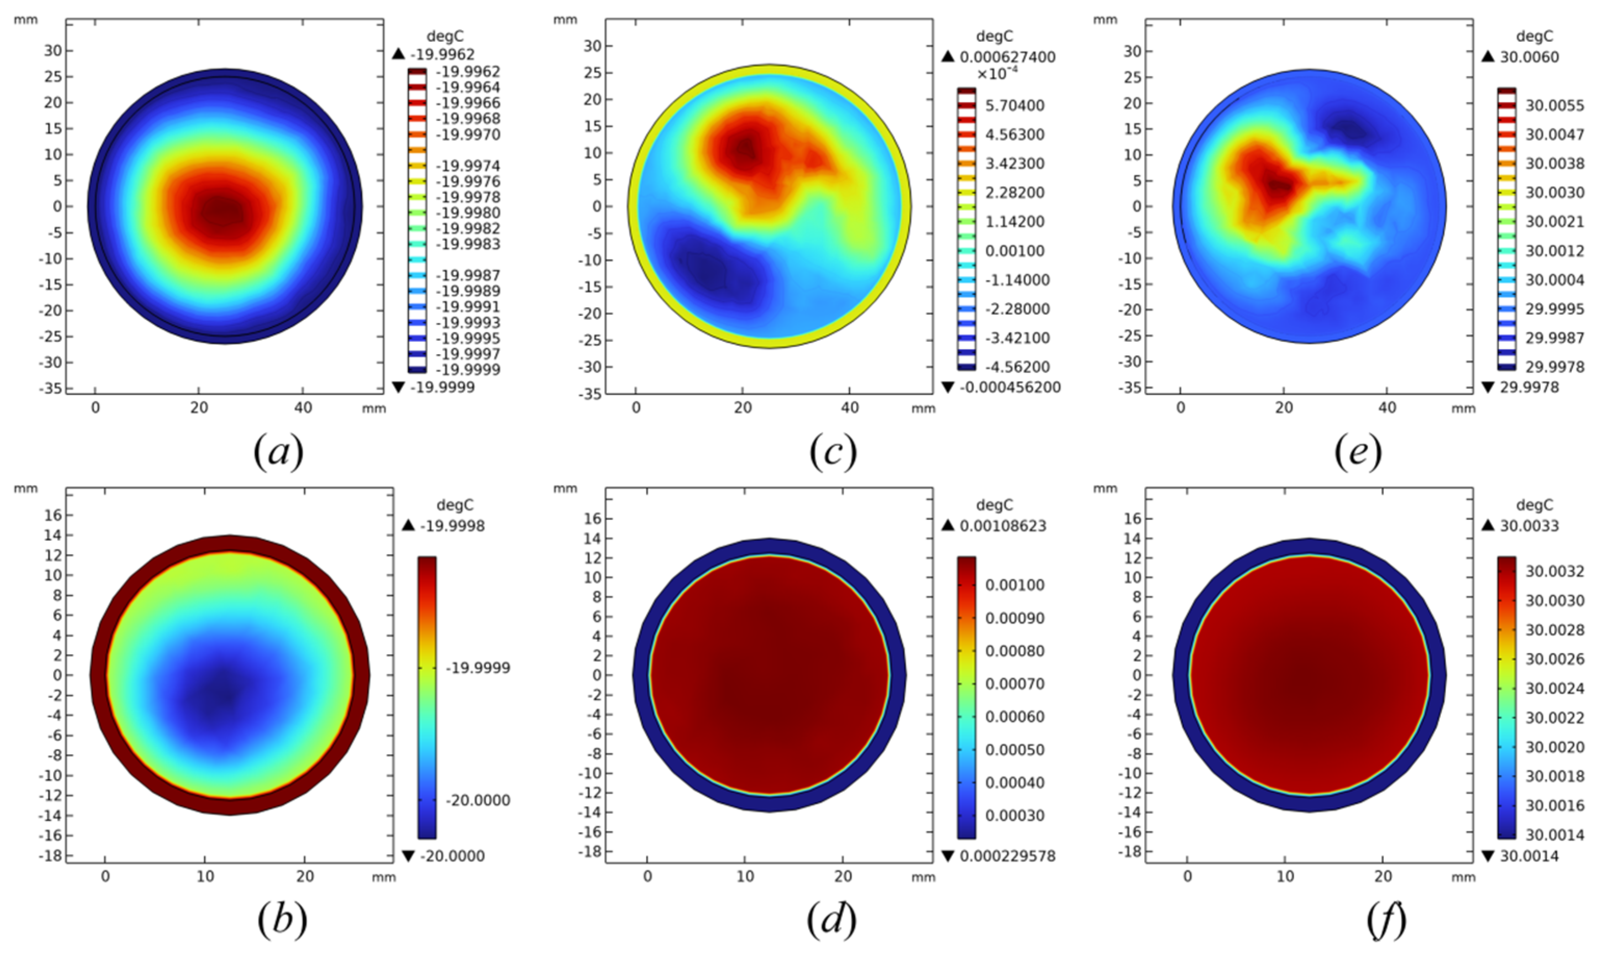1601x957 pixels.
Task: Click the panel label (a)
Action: pos(278,452)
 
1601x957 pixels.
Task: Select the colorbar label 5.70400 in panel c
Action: pos(1014,106)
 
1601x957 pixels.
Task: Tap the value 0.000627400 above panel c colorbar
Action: pos(1007,57)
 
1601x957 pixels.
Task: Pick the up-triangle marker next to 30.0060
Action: pos(1488,57)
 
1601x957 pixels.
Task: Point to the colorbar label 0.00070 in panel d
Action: pos(1014,683)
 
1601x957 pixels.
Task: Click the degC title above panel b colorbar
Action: pos(454,506)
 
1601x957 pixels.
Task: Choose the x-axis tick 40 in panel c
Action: pos(850,408)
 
